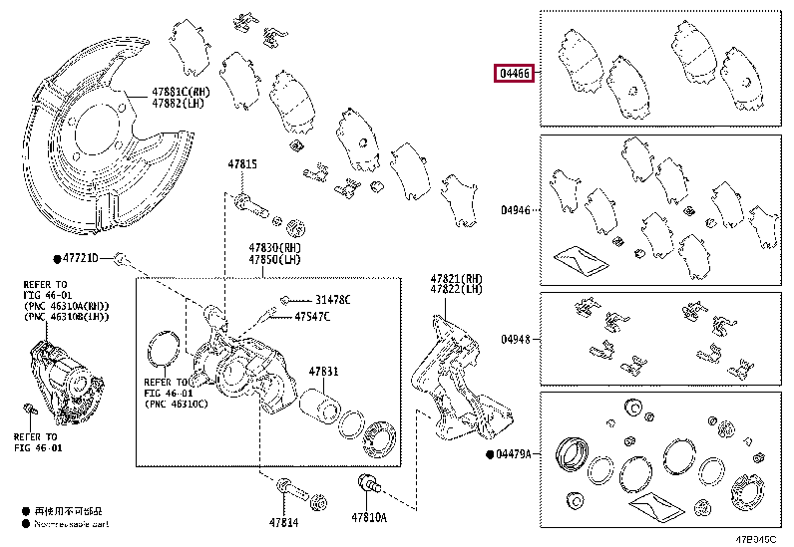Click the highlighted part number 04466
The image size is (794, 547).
(x=516, y=74)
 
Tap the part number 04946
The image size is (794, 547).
(x=516, y=211)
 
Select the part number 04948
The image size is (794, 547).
(x=516, y=338)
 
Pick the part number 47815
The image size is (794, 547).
(x=241, y=164)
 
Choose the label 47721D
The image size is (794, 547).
(x=82, y=258)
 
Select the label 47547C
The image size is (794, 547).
(x=311, y=317)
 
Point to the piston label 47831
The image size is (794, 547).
(x=323, y=371)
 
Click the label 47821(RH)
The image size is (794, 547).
(x=457, y=279)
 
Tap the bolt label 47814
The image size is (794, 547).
(x=283, y=520)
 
